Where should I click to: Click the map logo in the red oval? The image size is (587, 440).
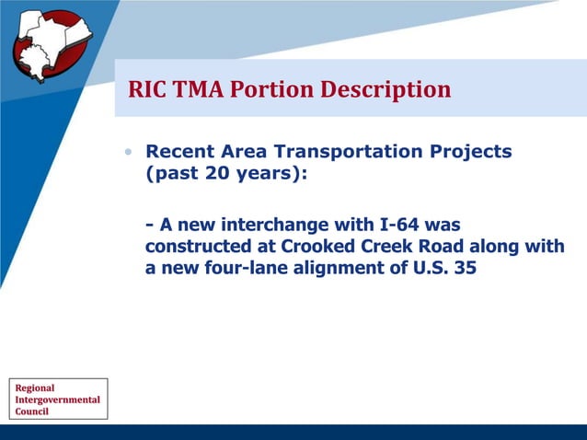click(51, 43)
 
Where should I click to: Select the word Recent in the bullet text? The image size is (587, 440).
click(178, 152)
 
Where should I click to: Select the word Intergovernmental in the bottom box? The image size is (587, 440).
click(57, 399)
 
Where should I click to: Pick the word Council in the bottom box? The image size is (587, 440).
click(32, 411)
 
